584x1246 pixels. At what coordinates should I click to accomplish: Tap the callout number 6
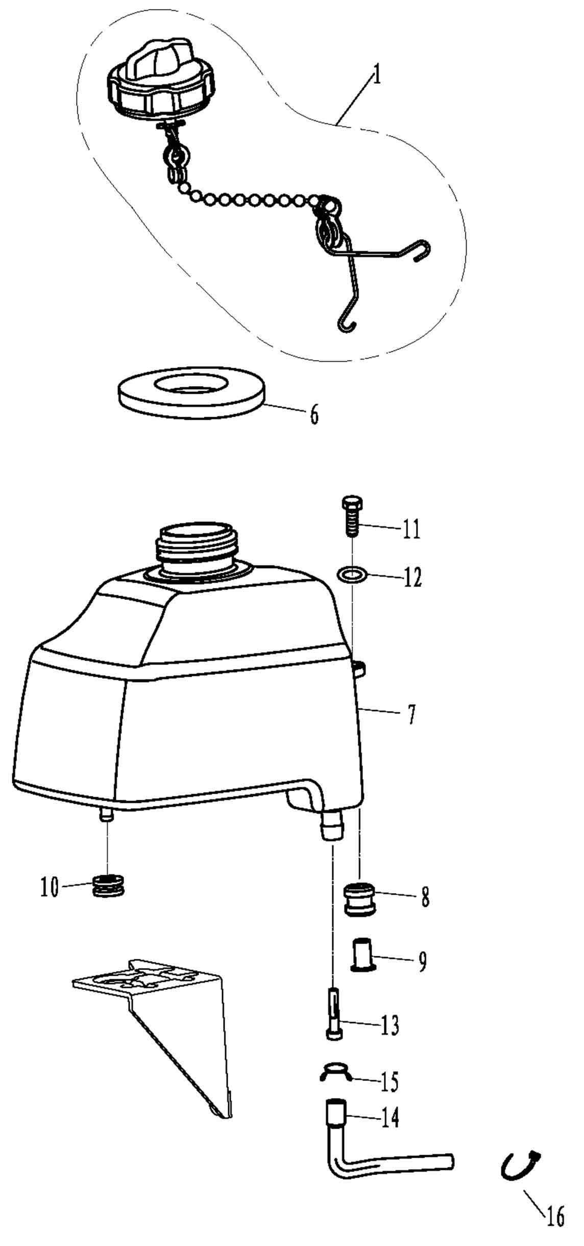point(314,413)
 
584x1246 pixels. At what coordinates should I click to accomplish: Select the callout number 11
point(411,529)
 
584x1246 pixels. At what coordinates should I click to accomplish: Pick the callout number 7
point(411,714)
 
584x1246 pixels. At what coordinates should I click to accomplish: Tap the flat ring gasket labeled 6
point(191,392)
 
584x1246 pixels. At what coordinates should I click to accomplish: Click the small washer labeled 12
point(353,575)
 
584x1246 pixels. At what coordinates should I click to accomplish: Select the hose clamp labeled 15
point(335,1072)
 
